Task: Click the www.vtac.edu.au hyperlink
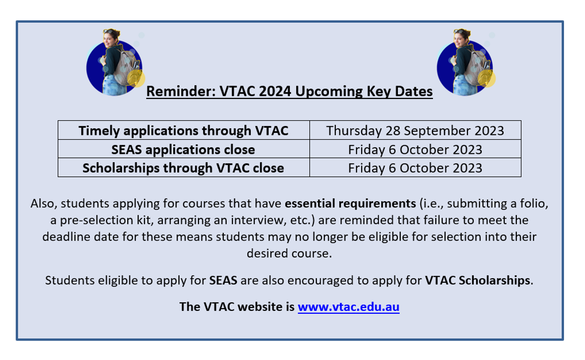pos(349,307)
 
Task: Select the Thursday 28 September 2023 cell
pos(415,130)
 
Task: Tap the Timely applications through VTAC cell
pos(184,130)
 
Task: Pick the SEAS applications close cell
pos(184,149)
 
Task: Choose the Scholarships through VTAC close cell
pos(184,168)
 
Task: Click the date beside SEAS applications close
pos(415,149)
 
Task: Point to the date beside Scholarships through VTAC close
pos(415,168)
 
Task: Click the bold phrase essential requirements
pos(350,204)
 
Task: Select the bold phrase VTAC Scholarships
pos(477,281)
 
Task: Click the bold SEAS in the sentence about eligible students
pos(223,281)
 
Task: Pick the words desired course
pos(289,253)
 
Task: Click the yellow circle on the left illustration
pos(136,78)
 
